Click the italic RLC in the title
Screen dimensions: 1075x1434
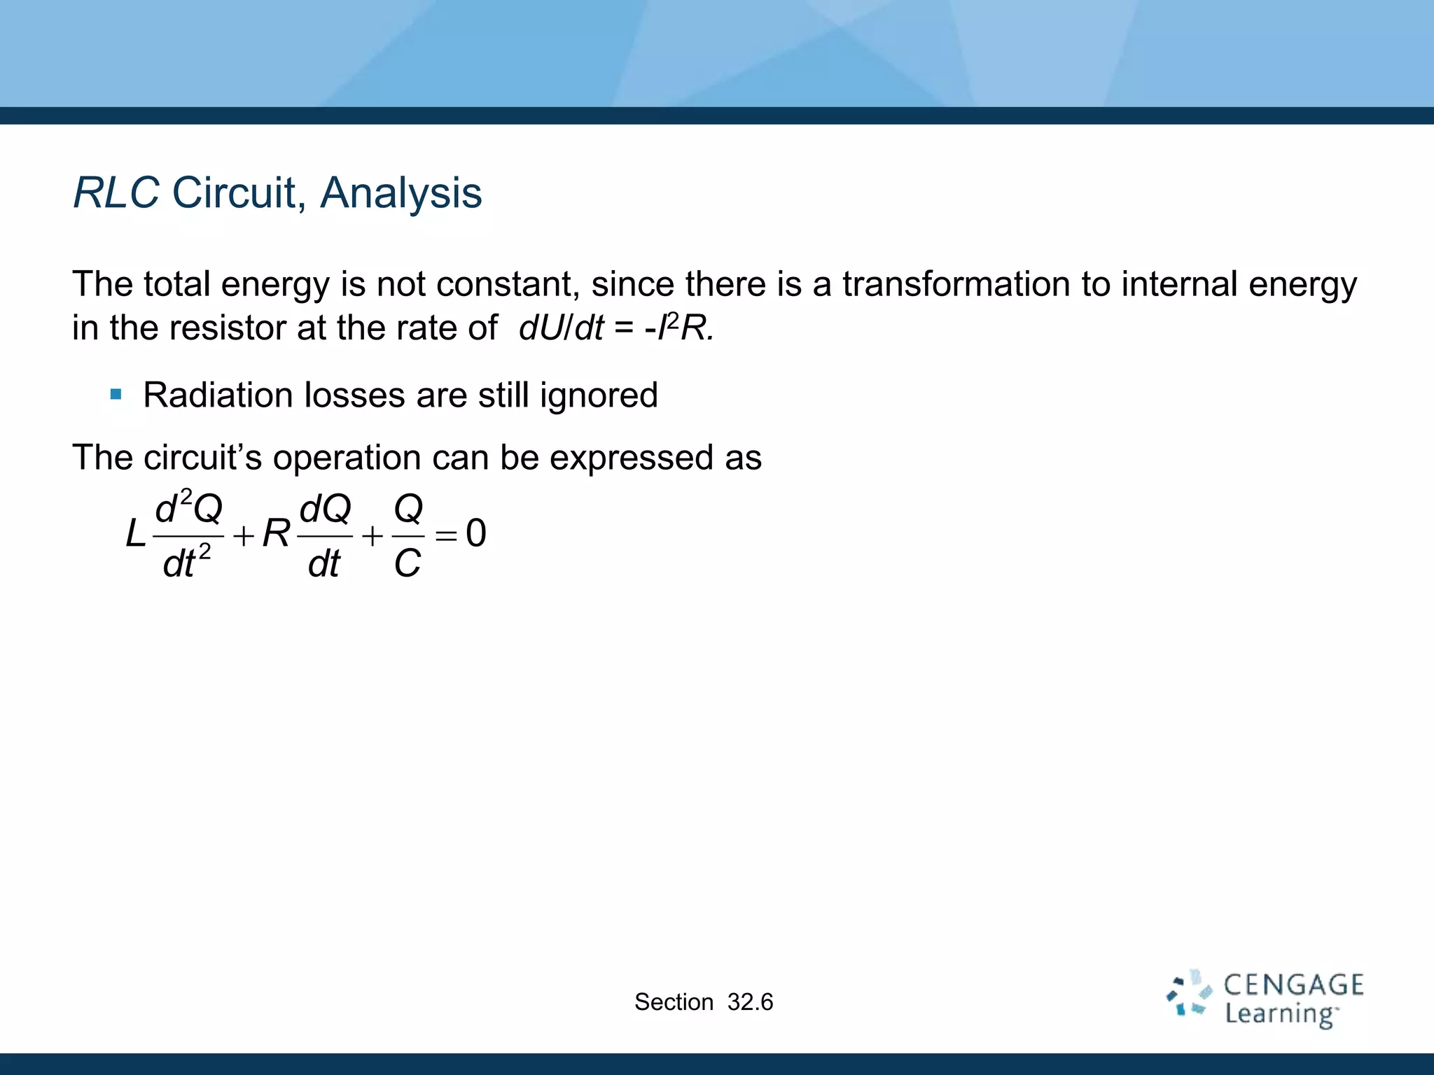coord(116,193)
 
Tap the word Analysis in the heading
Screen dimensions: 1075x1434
coord(401,193)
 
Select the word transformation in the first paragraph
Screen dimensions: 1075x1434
coord(956,284)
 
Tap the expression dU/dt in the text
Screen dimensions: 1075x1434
coord(560,328)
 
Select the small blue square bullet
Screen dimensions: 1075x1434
coord(116,395)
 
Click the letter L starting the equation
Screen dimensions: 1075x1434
coord(135,535)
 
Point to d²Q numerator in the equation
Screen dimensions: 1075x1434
coord(188,507)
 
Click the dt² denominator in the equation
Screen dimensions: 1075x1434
coord(186,563)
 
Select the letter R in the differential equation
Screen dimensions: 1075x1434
coord(276,534)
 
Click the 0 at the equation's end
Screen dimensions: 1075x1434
coord(476,533)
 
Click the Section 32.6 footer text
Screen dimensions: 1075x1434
coord(703,1002)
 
